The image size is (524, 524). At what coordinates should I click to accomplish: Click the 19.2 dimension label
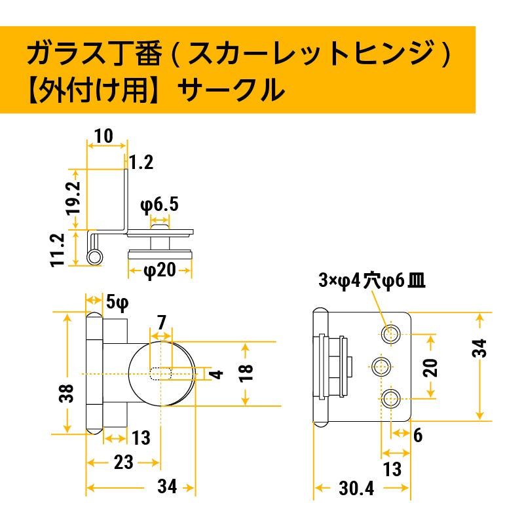(x=73, y=198)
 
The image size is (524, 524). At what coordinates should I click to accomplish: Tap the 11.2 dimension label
(x=58, y=250)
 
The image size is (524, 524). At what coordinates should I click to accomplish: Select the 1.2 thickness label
(x=141, y=162)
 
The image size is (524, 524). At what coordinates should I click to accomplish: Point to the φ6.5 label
(x=159, y=204)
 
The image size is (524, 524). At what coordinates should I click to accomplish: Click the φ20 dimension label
(x=160, y=270)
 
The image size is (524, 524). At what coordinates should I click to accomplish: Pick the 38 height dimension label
(x=66, y=394)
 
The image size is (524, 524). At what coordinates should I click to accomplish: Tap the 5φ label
(x=117, y=303)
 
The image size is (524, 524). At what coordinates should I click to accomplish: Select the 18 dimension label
(x=246, y=373)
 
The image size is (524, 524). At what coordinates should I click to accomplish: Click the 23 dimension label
(x=124, y=463)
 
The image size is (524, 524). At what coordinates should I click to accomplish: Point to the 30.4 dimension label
(x=356, y=489)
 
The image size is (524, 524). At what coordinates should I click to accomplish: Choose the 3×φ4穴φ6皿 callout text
(x=372, y=281)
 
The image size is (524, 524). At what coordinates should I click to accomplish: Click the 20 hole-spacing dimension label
(x=430, y=367)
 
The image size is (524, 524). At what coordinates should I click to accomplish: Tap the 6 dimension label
(x=418, y=436)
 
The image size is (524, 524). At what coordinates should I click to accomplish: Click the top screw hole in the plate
(x=390, y=333)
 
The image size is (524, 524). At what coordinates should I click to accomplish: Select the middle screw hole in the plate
(x=381, y=367)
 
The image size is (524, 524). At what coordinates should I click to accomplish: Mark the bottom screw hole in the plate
(x=390, y=399)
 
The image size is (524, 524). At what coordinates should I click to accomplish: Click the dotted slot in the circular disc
(x=160, y=373)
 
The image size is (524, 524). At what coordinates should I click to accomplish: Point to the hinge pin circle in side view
(x=94, y=257)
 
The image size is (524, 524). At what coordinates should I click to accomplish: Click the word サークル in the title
(x=231, y=90)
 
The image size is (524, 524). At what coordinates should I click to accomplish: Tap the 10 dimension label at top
(x=103, y=136)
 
